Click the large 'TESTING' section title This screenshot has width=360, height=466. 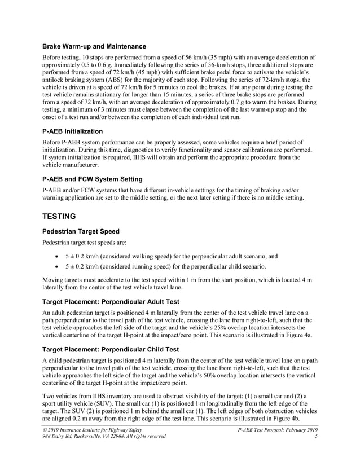65,215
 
